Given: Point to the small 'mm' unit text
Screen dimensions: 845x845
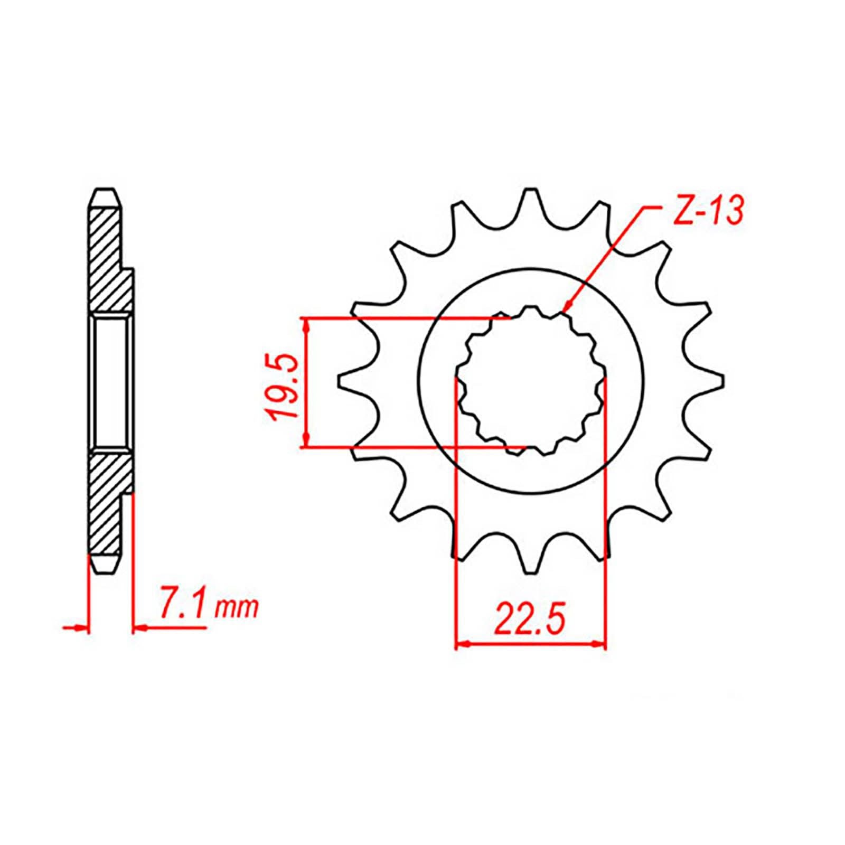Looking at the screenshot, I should [236, 608].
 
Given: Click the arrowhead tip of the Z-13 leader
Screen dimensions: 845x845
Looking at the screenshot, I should [563, 312].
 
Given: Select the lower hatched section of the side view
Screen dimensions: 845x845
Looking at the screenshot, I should [108, 502].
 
